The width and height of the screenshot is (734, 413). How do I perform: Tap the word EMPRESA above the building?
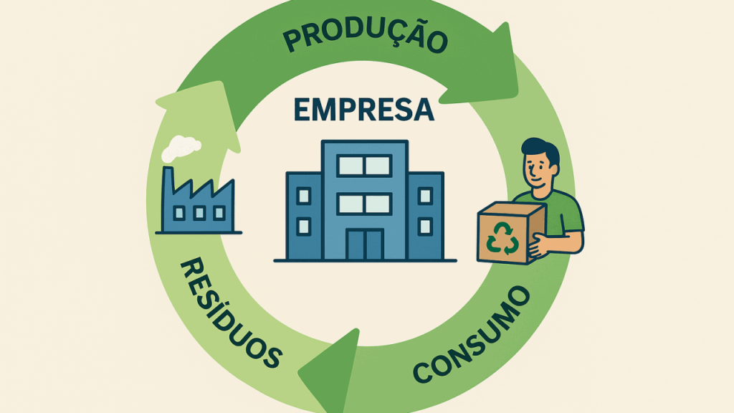pos(364,109)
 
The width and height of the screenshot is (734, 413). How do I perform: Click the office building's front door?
pos(365,244)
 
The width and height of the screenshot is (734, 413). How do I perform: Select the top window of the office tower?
pos(365,166)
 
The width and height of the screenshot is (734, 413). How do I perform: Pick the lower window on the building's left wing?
pos(304,227)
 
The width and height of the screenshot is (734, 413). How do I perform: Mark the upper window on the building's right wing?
pos(425,195)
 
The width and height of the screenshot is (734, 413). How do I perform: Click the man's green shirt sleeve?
pos(571,216)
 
